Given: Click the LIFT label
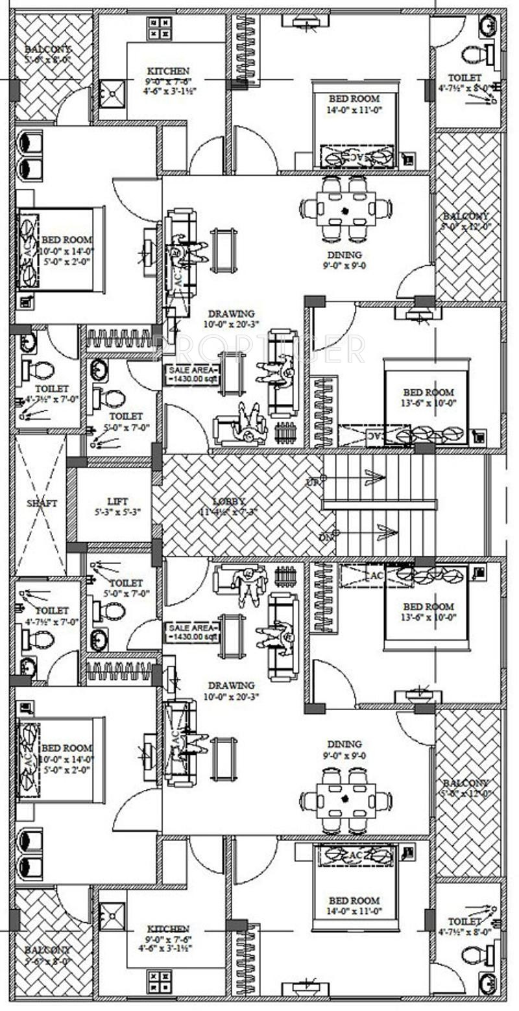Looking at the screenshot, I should coord(117,501).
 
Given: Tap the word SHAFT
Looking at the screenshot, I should coord(42,503).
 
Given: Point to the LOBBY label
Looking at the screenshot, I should coord(230,501).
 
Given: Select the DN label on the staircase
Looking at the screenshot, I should coord(313,537).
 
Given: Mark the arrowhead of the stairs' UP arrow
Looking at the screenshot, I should coord(374,478).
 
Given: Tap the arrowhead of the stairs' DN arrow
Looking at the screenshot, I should coord(387,532).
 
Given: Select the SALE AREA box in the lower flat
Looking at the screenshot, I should coord(192,632).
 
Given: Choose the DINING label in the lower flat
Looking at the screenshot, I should coord(344,744).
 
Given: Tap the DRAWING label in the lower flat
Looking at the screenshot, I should coord(231,685).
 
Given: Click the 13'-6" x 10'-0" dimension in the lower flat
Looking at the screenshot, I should coord(429,617).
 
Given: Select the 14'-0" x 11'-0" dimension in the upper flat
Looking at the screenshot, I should coord(354,110).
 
